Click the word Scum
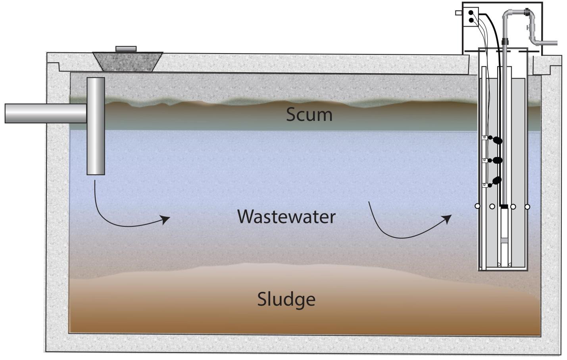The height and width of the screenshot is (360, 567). [x=309, y=115]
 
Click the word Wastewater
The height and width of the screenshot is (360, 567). [x=286, y=217]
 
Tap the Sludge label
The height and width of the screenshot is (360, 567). [x=286, y=299]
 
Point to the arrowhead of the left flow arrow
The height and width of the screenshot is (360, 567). [x=166, y=219]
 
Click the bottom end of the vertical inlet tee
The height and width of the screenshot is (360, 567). [x=96, y=172]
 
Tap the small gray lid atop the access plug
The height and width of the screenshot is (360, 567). [x=126, y=49]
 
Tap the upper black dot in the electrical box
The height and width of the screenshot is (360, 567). [x=471, y=13]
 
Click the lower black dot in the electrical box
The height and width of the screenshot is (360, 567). [x=471, y=20]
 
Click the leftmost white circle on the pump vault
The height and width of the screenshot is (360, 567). [x=477, y=206]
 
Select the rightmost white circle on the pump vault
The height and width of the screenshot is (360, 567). [x=527, y=207]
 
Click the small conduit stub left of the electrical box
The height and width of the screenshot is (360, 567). [x=459, y=13]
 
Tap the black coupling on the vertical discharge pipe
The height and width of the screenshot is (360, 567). [x=505, y=41]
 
